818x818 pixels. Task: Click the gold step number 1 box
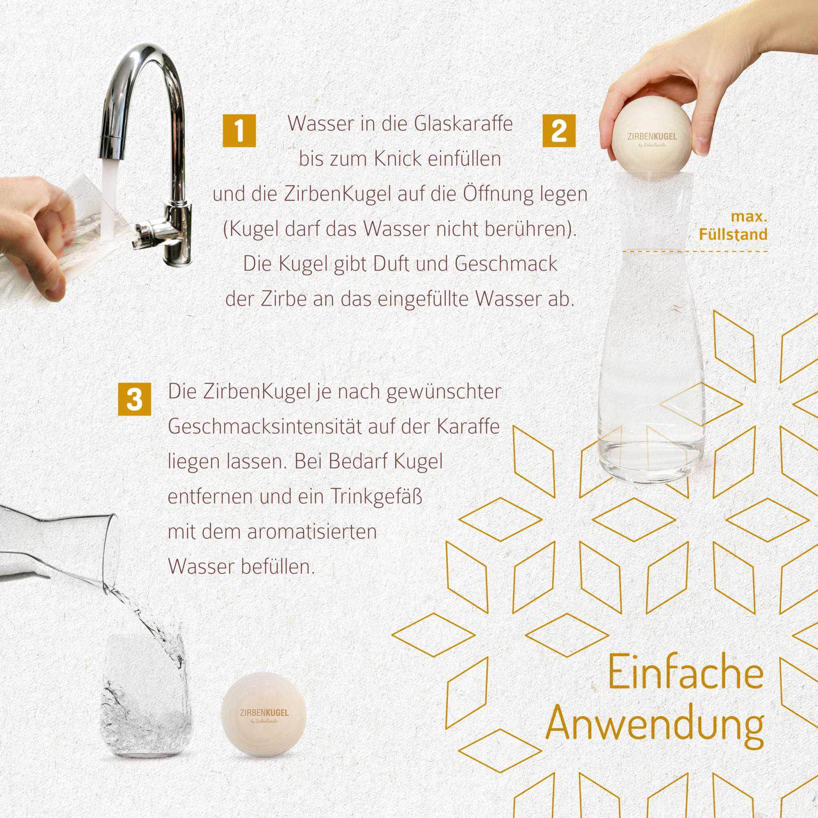pos(239,130)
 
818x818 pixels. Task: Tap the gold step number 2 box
pos(559,130)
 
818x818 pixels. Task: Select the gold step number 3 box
pos(134,398)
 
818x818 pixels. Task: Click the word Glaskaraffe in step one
pos(463,124)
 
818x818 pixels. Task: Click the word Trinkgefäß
pos(376,496)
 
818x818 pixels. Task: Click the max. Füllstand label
pos(733,226)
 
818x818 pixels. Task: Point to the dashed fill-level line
pos(695,251)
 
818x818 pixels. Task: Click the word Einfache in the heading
pos(685,673)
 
